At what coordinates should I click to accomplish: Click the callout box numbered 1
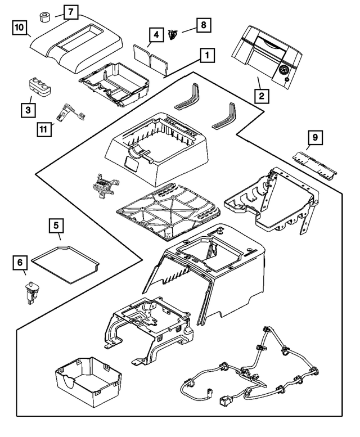pos(208,55)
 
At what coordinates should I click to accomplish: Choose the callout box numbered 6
pos(19,262)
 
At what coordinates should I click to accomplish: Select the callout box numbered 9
pos(315,137)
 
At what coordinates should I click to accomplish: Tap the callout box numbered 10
pos(20,27)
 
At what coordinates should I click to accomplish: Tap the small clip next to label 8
pos(174,34)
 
